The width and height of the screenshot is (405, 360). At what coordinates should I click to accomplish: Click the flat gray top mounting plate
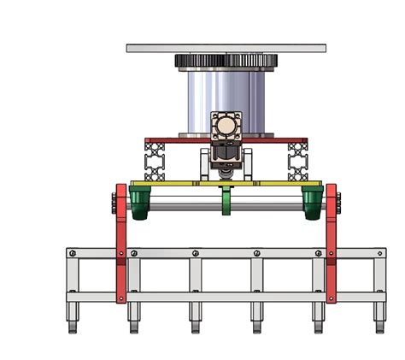click(x=226, y=48)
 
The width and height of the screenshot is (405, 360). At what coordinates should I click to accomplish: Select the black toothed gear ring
click(x=226, y=62)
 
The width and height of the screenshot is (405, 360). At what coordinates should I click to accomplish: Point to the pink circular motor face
click(x=225, y=127)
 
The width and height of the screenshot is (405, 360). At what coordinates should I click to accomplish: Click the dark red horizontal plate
click(x=171, y=139)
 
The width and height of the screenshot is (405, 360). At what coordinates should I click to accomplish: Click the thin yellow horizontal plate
click(x=171, y=183)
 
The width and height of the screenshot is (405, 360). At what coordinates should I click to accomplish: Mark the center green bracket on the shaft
click(x=226, y=202)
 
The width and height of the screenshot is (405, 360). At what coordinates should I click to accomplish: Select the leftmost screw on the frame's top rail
click(x=73, y=253)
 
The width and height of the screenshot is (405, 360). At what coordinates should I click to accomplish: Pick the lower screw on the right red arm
click(x=332, y=296)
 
